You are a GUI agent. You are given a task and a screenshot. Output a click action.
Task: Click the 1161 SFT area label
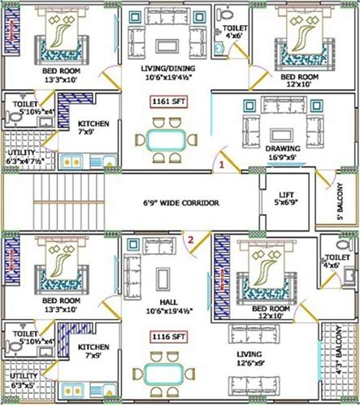coord(164,102)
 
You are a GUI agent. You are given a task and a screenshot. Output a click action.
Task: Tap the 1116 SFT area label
coord(164,335)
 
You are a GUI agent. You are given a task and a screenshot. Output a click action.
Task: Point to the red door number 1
coord(221,164)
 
